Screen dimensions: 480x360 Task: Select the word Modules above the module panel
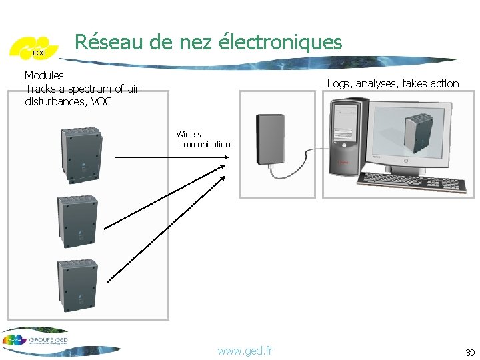[x=44, y=75]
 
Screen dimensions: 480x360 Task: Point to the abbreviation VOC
[x=101, y=102]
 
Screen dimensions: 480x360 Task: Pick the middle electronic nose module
[x=79, y=221]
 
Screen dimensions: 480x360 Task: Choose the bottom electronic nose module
[x=79, y=285]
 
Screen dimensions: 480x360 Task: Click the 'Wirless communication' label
[x=203, y=139]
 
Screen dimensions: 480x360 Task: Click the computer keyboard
[x=411, y=181]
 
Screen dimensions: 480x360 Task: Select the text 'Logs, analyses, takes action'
[x=393, y=83]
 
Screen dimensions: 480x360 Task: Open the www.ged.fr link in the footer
[x=245, y=351]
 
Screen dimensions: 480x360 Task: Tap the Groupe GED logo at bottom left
[x=40, y=340]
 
